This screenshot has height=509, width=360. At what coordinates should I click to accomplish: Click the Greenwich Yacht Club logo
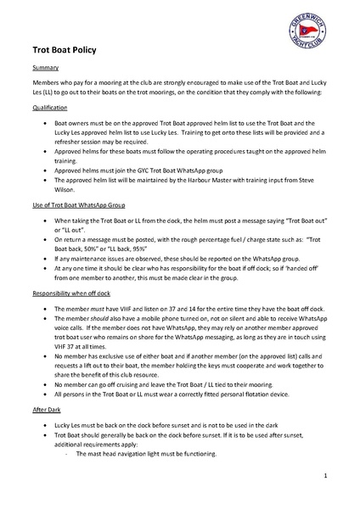click(310, 36)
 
